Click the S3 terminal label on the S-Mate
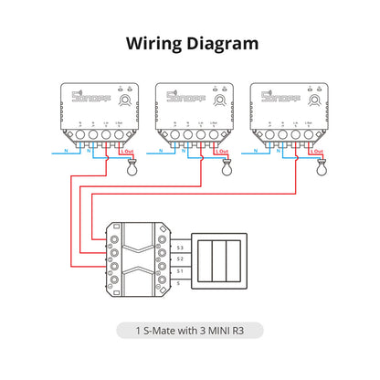[180, 248]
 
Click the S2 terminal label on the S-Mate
[180, 259]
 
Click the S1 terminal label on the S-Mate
[180, 271]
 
